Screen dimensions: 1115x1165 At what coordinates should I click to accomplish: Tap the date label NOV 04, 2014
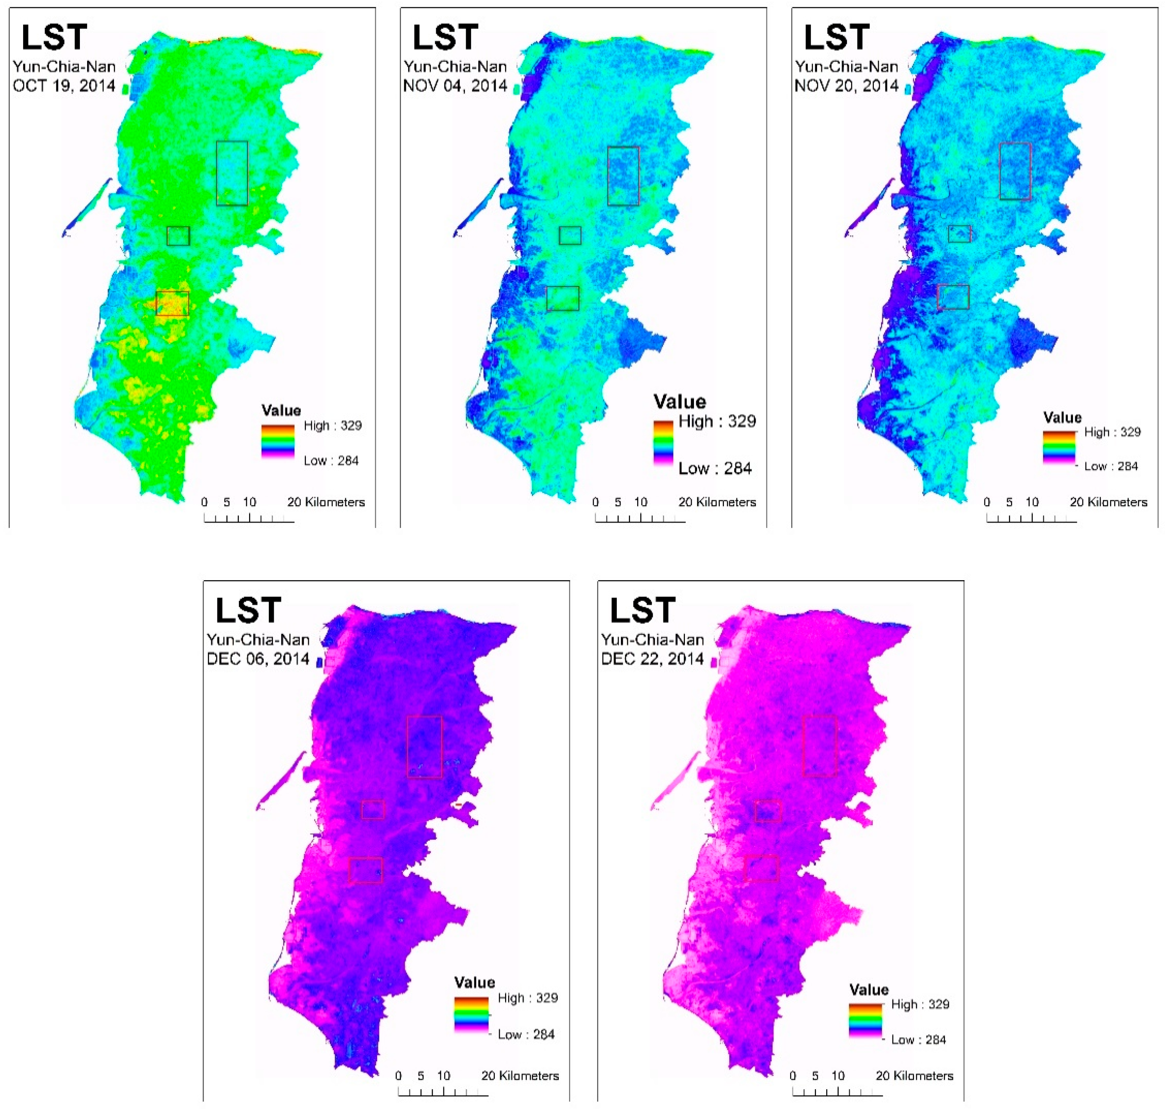(455, 86)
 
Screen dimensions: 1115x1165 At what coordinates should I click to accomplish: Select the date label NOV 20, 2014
(847, 86)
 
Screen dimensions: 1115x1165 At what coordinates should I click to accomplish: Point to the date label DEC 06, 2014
(258, 659)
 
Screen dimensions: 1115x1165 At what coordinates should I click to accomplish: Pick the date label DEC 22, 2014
(653, 659)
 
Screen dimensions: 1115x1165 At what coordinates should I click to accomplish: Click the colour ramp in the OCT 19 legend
(278, 441)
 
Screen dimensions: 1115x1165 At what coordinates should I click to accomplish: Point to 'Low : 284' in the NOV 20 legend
(1110, 466)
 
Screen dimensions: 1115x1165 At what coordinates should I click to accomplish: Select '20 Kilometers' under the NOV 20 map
(1109, 502)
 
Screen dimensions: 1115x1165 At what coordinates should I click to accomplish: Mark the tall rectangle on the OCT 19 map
(232, 173)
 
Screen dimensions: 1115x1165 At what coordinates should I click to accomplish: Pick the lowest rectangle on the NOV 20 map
(953, 297)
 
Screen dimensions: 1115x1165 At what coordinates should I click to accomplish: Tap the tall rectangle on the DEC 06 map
(424, 746)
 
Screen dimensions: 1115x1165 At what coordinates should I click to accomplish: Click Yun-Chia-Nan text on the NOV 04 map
(455, 67)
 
